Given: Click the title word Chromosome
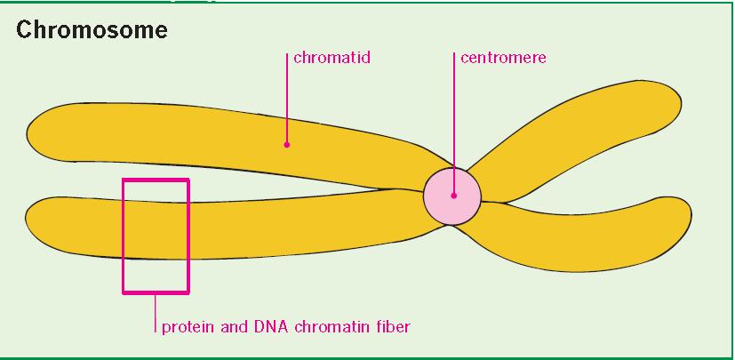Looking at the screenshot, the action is (x=92, y=30).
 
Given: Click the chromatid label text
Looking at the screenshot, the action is (x=332, y=58).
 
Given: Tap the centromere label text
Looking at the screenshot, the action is (x=503, y=58).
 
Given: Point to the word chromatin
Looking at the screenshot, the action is (x=328, y=326).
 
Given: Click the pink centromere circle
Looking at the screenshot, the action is (x=452, y=196).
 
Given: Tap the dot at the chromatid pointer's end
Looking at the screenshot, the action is (x=287, y=145).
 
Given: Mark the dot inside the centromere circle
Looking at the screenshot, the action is (x=454, y=196).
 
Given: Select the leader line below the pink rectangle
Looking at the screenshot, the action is (x=156, y=313).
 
